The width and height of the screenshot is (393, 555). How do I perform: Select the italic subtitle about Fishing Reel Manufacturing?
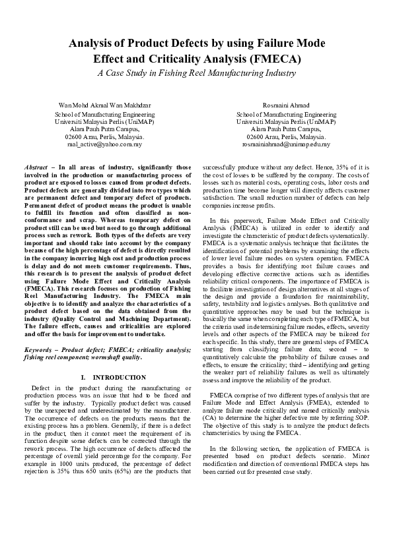pyautogui.click(x=196, y=73)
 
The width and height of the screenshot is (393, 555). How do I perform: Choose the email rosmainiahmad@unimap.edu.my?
pyautogui.click(x=286, y=144)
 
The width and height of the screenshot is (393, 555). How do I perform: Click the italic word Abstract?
pyautogui.click(x=35, y=168)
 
